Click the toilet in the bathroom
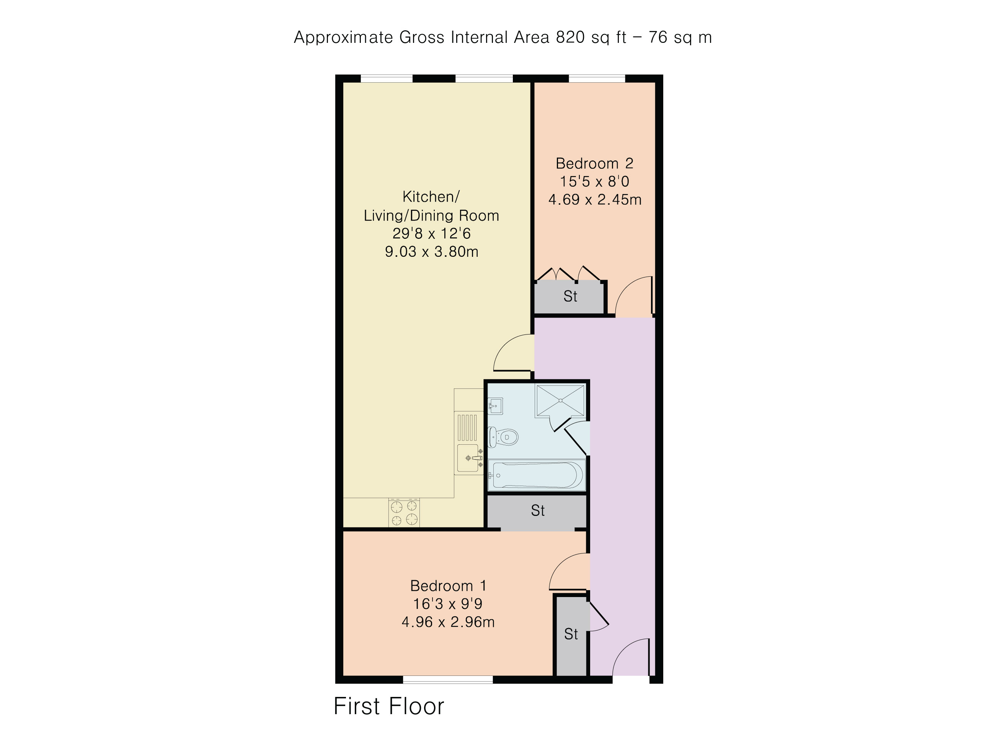(x=503, y=436)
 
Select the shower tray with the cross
(x=560, y=400)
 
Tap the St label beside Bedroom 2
(x=570, y=297)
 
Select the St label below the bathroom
(x=538, y=510)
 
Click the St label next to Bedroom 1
(x=571, y=634)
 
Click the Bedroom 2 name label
(x=594, y=163)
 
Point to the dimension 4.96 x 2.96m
(x=448, y=622)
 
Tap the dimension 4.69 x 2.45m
(x=595, y=199)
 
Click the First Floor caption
(x=389, y=706)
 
